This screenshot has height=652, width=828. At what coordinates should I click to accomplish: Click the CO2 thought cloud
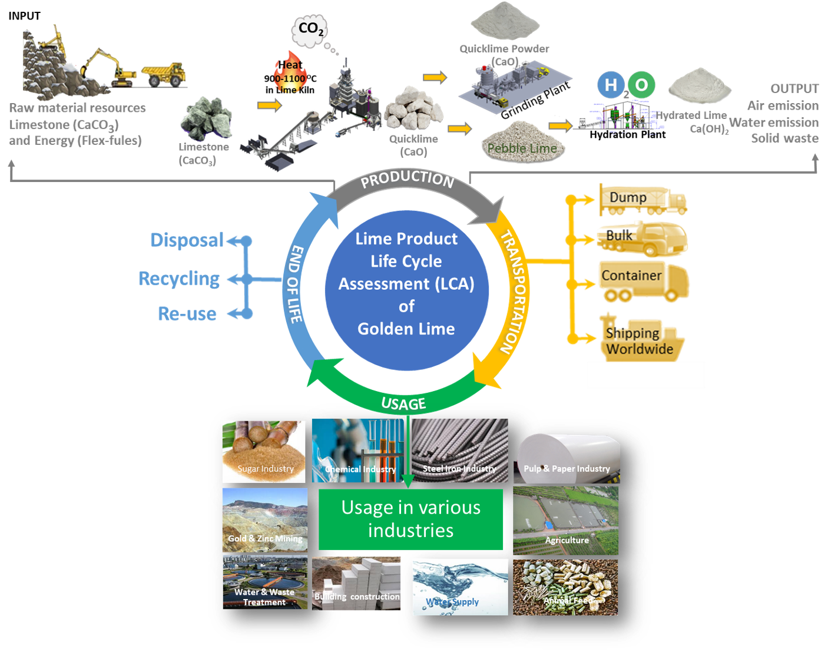click(x=310, y=29)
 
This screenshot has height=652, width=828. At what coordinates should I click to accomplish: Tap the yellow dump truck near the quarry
click(x=164, y=74)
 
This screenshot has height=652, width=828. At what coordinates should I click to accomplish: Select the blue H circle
click(x=611, y=85)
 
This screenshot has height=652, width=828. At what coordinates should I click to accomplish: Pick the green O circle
click(x=641, y=85)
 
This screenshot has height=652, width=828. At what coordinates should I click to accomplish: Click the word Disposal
click(x=187, y=240)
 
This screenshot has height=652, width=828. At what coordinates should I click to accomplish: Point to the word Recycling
click(x=179, y=279)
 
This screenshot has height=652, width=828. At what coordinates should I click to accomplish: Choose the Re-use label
click(x=187, y=314)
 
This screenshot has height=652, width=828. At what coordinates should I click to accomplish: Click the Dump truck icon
click(x=643, y=199)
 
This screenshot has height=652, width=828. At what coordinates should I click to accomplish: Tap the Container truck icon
click(x=644, y=281)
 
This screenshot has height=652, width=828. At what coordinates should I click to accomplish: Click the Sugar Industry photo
click(x=264, y=451)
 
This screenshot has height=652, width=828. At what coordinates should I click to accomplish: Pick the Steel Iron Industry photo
click(x=459, y=451)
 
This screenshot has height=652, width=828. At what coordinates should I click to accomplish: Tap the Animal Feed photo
click(x=565, y=587)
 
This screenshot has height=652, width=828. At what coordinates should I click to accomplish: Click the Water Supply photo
click(x=460, y=587)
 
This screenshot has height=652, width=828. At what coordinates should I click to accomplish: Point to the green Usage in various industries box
click(x=411, y=519)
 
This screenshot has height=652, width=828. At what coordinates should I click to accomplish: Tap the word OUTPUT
click(x=794, y=89)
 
